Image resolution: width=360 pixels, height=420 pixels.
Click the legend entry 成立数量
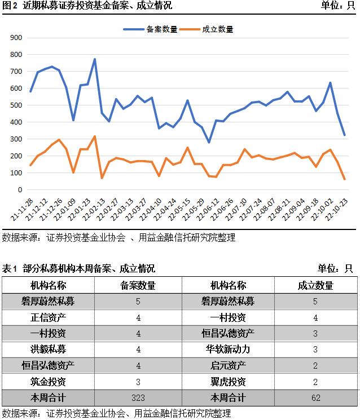tap(217, 29)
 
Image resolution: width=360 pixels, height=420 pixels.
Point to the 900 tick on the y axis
tap(16, 38)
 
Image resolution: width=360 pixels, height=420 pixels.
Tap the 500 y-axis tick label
tap(16, 105)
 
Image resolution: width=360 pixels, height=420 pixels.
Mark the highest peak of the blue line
tap(95, 59)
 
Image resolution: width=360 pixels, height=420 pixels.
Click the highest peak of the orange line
tap(95, 136)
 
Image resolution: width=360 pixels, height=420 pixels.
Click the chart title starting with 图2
tap(86, 6)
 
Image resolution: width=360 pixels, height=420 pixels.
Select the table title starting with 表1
tap(78, 268)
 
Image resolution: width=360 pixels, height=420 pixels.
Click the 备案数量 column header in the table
tap(138, 285)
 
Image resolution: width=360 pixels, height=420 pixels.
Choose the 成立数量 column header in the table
tap(315, 285)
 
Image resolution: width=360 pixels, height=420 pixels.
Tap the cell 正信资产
tap(48, 317)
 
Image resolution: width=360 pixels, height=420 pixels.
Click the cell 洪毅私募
tap(48, 349)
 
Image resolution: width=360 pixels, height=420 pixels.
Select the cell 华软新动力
tap(228, 349)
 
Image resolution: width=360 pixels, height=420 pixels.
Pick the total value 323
tap(138, 397)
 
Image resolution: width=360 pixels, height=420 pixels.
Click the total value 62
tap(315, 397)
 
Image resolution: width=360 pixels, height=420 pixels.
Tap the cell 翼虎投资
tap(228, 381)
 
